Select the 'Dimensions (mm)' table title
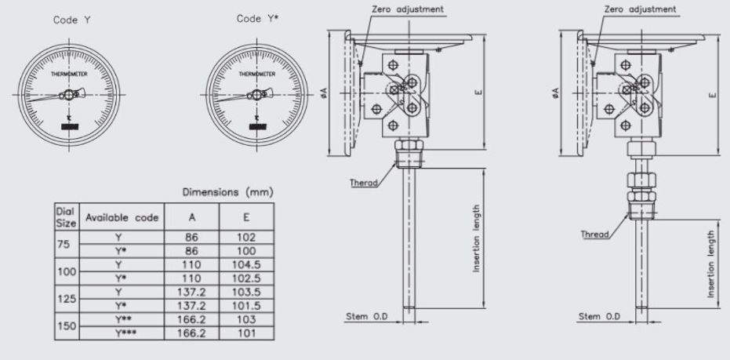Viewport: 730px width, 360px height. [227, 191]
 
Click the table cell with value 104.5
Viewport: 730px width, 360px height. [246, 267]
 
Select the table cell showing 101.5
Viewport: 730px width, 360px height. [246, 305]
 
